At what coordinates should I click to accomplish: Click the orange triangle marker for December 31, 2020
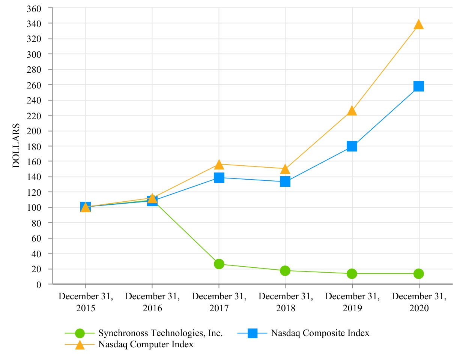(418, 25)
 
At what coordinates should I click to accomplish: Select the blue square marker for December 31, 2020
(418, 86)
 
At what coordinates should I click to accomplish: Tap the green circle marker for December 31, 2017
(219, 264)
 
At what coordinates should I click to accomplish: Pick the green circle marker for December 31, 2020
(418, 274)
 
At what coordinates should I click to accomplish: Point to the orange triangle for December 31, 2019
(352, 111)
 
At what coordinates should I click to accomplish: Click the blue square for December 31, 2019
(352, 146)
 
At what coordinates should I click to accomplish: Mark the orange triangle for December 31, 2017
(219, 164)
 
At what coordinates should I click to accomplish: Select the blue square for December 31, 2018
(285, 182)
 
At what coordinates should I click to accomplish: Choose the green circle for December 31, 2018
(285, 270)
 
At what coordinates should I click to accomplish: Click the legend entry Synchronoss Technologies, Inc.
(160, 333)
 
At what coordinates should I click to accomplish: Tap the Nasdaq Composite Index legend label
(320, 333)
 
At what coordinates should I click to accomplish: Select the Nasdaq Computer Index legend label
(146, 344)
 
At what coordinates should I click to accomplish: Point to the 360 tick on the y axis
(34, 8)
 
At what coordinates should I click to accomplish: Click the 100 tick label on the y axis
(34, 207)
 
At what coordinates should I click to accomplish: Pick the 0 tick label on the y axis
(39, 284)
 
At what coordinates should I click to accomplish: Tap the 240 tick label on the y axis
(34, 100)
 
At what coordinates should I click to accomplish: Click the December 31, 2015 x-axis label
(86, 302)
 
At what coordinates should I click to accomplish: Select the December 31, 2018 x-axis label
(286, 302)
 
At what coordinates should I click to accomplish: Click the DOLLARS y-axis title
(17, 145)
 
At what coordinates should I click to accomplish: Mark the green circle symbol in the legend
(80, 333)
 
